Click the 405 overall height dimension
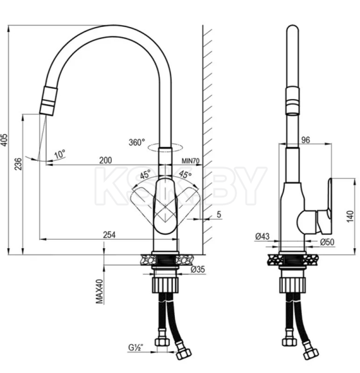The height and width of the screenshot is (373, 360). point(6,141)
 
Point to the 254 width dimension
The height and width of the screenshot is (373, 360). point(111,235)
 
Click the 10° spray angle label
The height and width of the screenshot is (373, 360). point(59,154)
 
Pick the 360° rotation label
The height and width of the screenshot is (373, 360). point(136,142)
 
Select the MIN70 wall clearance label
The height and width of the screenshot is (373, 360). point(192,161)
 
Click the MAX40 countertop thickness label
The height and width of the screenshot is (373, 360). point(100,291)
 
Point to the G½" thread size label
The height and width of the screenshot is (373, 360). point(135,348)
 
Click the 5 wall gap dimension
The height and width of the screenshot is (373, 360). point(219,214)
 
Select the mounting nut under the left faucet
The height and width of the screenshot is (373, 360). point(163,284)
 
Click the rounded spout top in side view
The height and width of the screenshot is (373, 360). point(292,32)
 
